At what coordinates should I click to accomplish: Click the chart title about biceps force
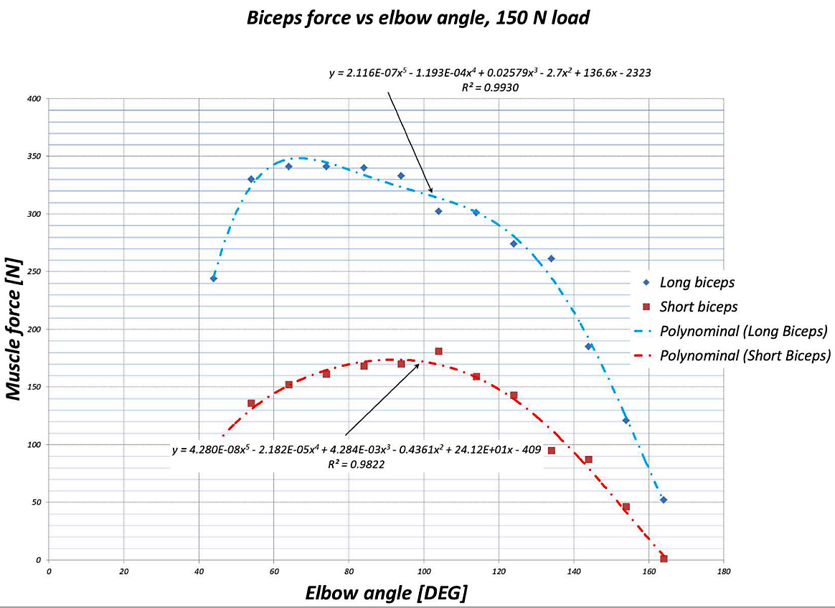tap(417, 18)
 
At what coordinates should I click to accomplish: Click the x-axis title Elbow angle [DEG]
tap(387, 593)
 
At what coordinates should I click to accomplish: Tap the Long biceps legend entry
tap(697, 282)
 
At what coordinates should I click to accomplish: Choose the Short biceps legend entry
tap(698, 307)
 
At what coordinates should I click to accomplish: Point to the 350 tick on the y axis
tap(34, 156)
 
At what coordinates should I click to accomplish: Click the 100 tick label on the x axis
tap(423, 571)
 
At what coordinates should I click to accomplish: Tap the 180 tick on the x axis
tap(723, 571)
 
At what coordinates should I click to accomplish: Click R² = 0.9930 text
tap(490, 87)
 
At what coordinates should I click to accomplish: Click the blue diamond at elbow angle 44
tap(213, 278)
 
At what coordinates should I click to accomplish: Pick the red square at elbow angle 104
tap(438, 351)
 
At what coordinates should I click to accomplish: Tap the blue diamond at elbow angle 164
tap(664, 500)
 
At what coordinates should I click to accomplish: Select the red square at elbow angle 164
tap(664, 558)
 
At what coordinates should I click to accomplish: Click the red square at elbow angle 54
tap(251, 403)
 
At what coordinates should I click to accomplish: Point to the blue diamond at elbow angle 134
tap(551, 258)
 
